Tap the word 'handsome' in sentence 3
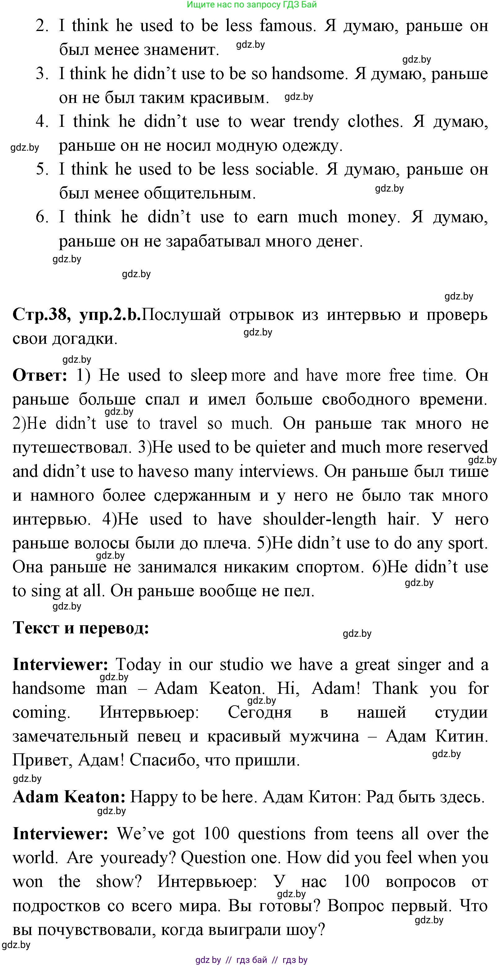click(308, 73)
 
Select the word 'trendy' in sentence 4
click(316, 122)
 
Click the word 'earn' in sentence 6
click(272, 217)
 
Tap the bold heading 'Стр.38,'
click(42, 314)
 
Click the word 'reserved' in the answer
click(457, 447)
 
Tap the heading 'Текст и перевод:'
click(81, 628)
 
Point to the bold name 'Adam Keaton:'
click(69, 797)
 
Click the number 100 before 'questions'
click(216, 834)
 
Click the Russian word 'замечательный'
click(70, 737)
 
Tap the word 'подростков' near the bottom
click(56, 906)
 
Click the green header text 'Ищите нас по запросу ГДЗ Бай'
click(252, 5)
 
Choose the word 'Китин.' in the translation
click(462, 737)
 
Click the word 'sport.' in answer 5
click(468, 543)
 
